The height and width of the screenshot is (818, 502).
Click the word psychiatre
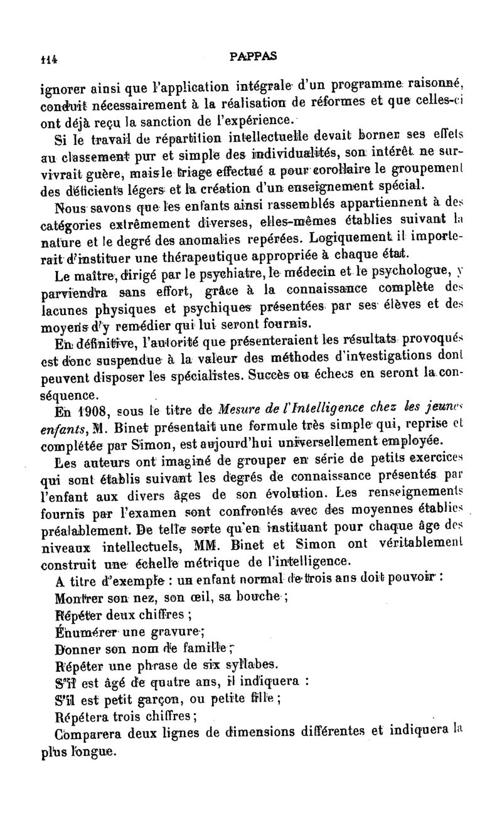tap(230, 271)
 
